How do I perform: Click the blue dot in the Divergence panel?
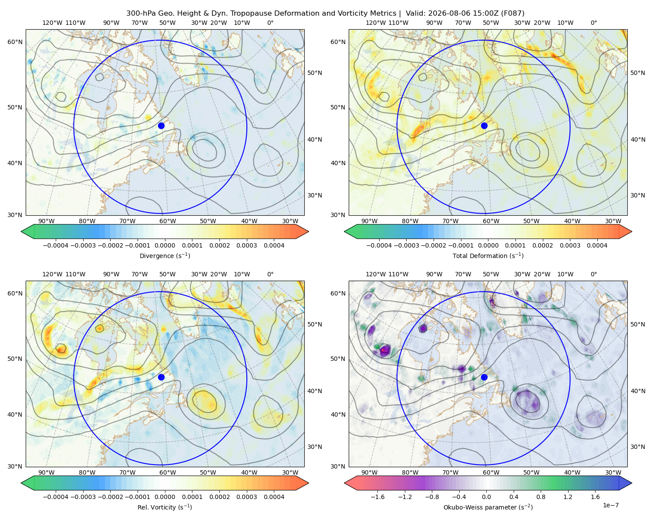click(x=161, y=126)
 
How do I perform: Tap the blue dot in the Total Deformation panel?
click(x=484, y=126)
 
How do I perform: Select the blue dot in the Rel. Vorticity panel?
click(x=161, y=377)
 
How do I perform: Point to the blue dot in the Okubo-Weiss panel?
click(x=484, y=377)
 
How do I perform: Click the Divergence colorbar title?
click(x=165, y=256)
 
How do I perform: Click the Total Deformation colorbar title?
click(x=488, y=256)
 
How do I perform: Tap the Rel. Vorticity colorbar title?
click(x=165, y=507)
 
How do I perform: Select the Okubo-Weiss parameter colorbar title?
click(x=488, y=507)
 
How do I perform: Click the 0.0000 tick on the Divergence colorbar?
click(x=165, y=245)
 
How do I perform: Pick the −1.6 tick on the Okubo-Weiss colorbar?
click(x=377, y=497)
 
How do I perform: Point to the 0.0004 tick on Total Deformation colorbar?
click(x=597, y=245)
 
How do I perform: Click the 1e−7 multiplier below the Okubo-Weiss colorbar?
click(x=610, y=505)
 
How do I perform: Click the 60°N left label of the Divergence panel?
click(x=15, y=42)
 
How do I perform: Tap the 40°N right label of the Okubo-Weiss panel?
click(x=638, y=391)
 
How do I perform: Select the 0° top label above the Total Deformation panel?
click(x=593, y=23)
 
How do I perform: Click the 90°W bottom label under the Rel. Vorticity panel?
click(x=47, y=472)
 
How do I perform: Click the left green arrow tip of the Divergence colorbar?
click(x=21, y=231)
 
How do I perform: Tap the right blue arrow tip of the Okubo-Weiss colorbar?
click(x=632, y=483)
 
